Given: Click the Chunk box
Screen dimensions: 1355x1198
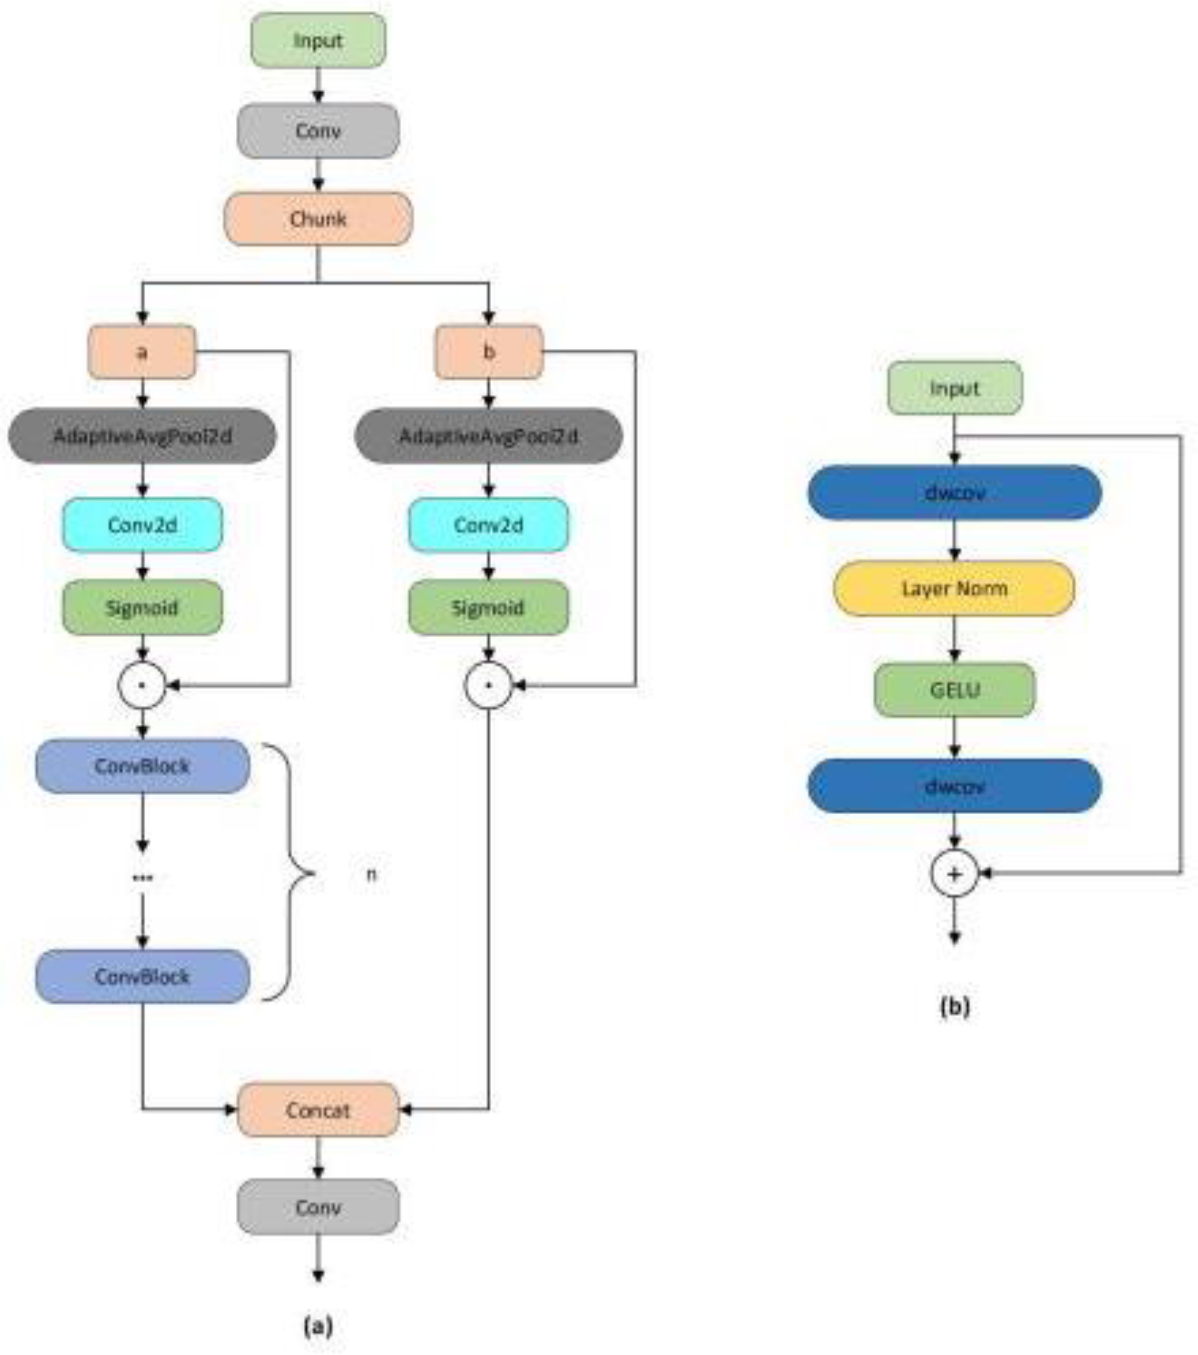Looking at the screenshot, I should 318,219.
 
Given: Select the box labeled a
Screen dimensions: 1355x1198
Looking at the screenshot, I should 142,352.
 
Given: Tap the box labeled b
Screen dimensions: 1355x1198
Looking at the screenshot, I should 489,352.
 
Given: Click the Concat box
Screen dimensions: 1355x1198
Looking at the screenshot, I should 318,1110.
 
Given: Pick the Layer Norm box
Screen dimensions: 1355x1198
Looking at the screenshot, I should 954,588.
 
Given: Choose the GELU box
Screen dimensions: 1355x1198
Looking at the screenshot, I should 954,690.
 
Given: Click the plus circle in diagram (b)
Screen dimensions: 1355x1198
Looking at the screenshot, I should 954,874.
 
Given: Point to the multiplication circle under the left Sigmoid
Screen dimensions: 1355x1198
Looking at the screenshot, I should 142,685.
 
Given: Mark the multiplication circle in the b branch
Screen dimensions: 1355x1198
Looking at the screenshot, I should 489,685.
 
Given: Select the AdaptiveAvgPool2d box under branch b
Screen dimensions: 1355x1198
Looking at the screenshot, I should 489,436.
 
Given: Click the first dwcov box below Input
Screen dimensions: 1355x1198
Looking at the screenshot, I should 954,493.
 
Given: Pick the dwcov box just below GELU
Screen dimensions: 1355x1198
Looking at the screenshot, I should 954,786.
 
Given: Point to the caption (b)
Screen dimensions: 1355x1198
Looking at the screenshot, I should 954,1006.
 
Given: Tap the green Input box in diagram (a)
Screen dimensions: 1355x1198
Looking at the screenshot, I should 318,41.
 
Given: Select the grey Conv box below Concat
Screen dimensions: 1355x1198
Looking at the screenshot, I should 318,1207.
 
